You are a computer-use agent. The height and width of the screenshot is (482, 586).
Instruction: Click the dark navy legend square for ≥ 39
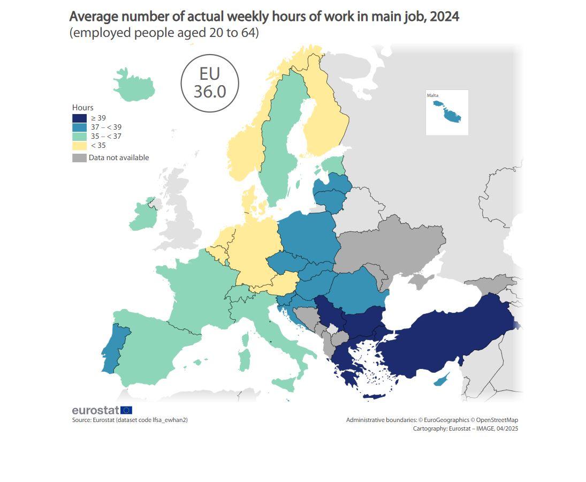(x=79, y=118)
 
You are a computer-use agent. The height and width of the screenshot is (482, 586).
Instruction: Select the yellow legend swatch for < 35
(x=79, y=145)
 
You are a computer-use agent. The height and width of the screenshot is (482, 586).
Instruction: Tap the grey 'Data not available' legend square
(x=79, y=158)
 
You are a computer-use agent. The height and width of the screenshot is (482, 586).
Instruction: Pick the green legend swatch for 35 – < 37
(x=79, y=136)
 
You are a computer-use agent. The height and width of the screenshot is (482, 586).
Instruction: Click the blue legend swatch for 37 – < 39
(x=79, y=127)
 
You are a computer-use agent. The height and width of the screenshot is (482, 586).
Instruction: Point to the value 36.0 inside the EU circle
(x=210, y=92)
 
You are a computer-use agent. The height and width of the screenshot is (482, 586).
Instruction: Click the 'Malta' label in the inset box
(x=432, y=95)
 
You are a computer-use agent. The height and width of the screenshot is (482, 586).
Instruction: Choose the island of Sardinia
(x=244, y=359)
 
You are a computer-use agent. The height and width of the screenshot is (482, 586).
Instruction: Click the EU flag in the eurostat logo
(x=126, y=410)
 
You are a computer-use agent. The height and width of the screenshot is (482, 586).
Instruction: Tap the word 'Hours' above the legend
(x=83, y=108)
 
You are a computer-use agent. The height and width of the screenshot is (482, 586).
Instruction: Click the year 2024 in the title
(x=444, y=17)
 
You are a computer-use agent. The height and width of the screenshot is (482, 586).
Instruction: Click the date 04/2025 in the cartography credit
(x=506, y=428)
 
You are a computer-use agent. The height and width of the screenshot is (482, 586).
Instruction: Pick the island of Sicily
(x=284, y=382)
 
